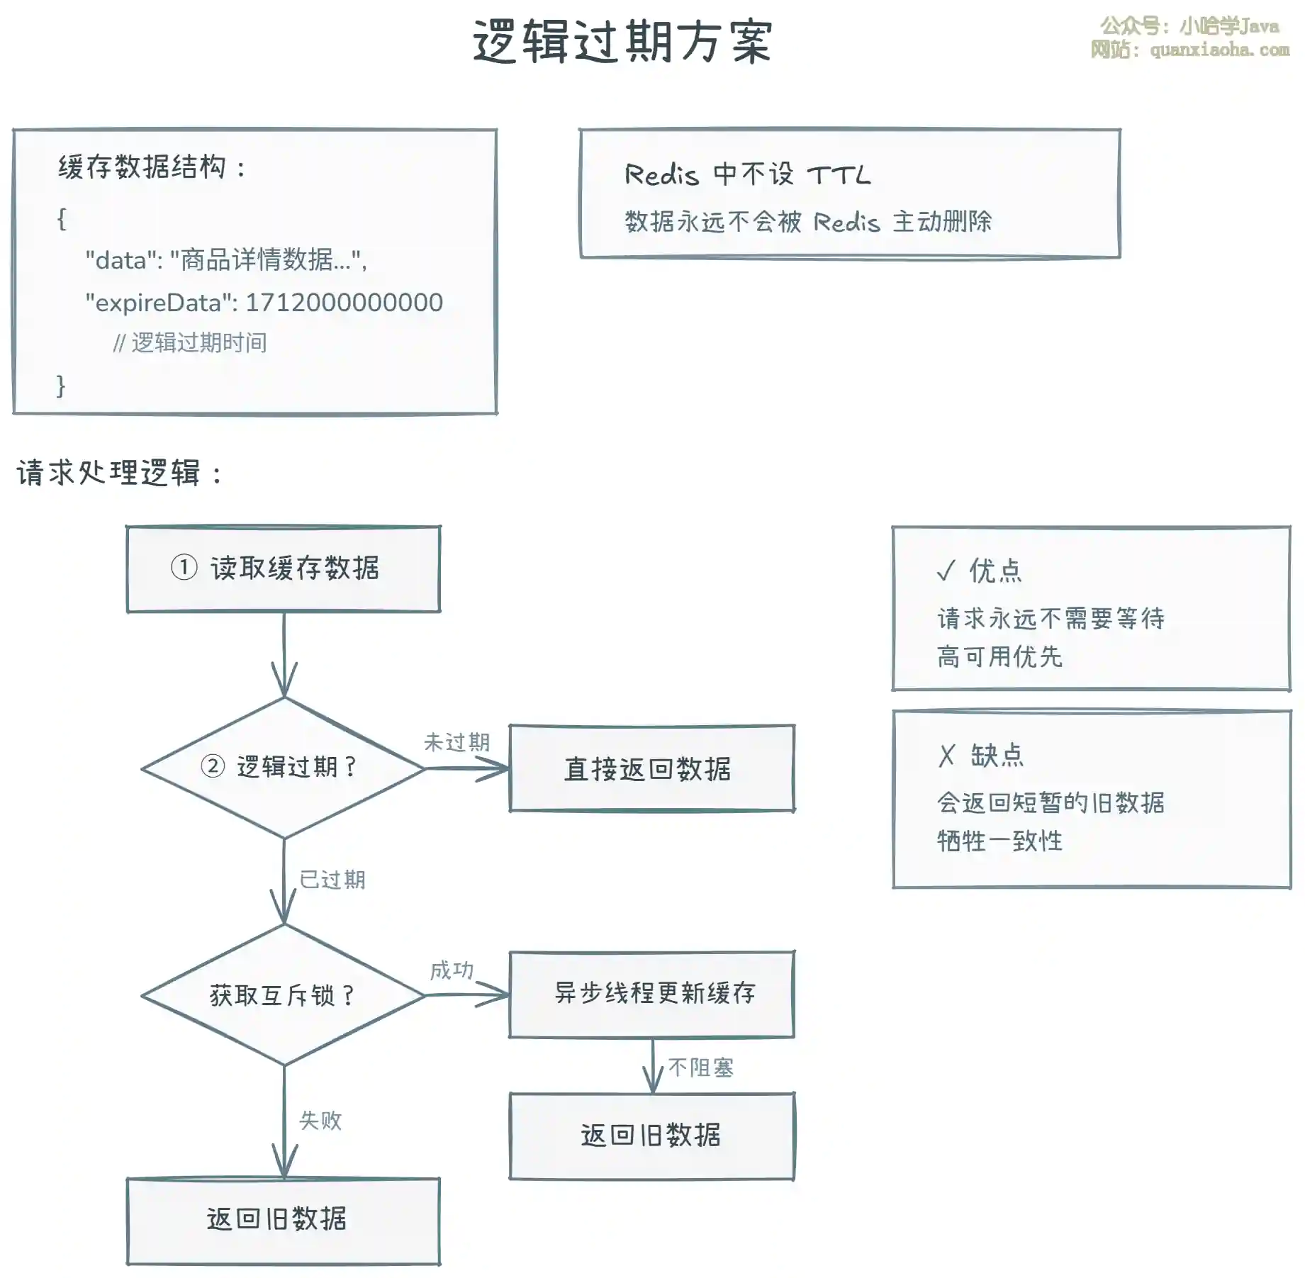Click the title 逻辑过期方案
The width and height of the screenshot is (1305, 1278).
point(622,42)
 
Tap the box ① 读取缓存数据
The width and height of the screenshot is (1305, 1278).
point(283,568)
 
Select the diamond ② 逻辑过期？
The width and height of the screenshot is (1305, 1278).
point(284,768)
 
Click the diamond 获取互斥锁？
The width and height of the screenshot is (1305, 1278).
point(284,995)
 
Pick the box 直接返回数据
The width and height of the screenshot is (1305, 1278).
point(651,768)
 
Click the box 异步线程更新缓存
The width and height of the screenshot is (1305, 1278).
point(651,994)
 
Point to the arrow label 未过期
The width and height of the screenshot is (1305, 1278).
point(457,742)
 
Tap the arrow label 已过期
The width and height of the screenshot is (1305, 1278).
point(332,880)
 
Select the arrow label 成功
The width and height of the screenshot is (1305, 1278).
point(452,970)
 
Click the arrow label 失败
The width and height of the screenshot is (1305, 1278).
point(320,1120)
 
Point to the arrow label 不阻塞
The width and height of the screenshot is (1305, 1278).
point(700,1067)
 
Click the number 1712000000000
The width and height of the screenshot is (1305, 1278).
point(344,303)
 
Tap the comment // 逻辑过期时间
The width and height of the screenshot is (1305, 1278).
point(190,343)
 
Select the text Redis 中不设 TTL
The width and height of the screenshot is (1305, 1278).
point(747,174)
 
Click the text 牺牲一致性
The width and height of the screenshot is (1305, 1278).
point(999,841)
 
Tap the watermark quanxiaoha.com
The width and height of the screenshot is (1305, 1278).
point(1219,50)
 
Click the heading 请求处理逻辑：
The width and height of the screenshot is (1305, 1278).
point(119,473)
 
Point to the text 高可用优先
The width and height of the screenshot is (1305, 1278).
point(999,657)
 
